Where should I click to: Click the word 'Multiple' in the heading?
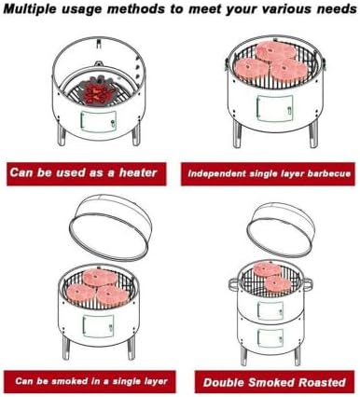(x=30, y=8)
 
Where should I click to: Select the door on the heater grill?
(x=99, y=121)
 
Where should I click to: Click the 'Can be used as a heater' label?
(x=87, y=173)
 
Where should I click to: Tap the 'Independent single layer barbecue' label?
(x=268, y=173)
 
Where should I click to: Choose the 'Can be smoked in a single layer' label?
(x=90, y=381)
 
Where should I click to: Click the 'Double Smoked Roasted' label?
(x=274, y=382)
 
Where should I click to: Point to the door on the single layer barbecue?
(x=275, y=108)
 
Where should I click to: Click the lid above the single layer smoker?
(x=110, y=229)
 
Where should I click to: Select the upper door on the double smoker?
(x=270, y=310)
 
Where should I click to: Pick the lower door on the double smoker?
(x=270, y=338)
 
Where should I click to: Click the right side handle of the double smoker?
(x=307, y=284)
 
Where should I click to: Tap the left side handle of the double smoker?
(x=235, y=284)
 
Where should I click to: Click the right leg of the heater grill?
(x=136, y=134)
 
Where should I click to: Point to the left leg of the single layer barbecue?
(x=237, y=134)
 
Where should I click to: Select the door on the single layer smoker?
(x=98, y=326)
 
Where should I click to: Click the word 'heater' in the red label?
(x=138, y=172)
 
